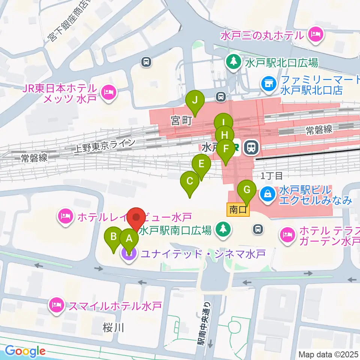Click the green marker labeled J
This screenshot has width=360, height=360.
tap(195, 100)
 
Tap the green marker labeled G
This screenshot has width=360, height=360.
tap(247, 189)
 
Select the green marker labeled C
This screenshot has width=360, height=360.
tap(190, 181)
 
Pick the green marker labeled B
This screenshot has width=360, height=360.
tap(113, 237)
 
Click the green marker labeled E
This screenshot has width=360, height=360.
tap(201, 164)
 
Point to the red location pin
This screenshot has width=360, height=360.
tap(136, 217)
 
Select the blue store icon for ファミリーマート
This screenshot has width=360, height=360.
tap(268, 83)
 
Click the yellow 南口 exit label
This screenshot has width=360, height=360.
tap(238, 210)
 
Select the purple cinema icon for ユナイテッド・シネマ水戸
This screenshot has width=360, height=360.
tap(129, 254)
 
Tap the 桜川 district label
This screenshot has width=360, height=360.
tap(113, 328)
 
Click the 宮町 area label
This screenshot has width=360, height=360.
tap(181, 120)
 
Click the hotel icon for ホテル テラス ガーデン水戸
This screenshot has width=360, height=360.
tap(288, 235)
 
